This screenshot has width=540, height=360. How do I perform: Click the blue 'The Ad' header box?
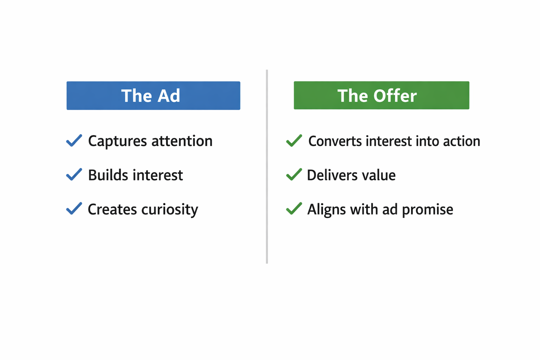(x=153, y=96)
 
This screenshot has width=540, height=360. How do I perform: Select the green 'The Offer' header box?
(x=381, y=95)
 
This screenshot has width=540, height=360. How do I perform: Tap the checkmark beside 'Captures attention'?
(x=74, y=141)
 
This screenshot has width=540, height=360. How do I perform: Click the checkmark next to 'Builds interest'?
(x=74, y=174)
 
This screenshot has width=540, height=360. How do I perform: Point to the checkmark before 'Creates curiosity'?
(x=74, y=208)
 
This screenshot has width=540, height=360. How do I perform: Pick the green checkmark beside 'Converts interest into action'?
(x=294, y=141)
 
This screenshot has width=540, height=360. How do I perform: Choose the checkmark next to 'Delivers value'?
(x=294, y=174)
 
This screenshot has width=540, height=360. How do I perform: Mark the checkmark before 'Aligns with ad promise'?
(x=294, y=208)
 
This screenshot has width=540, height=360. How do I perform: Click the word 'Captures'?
(x=117, y=141)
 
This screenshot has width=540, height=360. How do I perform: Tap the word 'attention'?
(x=182, y=141)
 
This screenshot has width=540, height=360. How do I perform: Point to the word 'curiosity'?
(x=170, y=210)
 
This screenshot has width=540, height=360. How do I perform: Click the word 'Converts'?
(x=335, y=141)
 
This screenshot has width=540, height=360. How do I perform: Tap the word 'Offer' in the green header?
(x=395, y=96)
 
